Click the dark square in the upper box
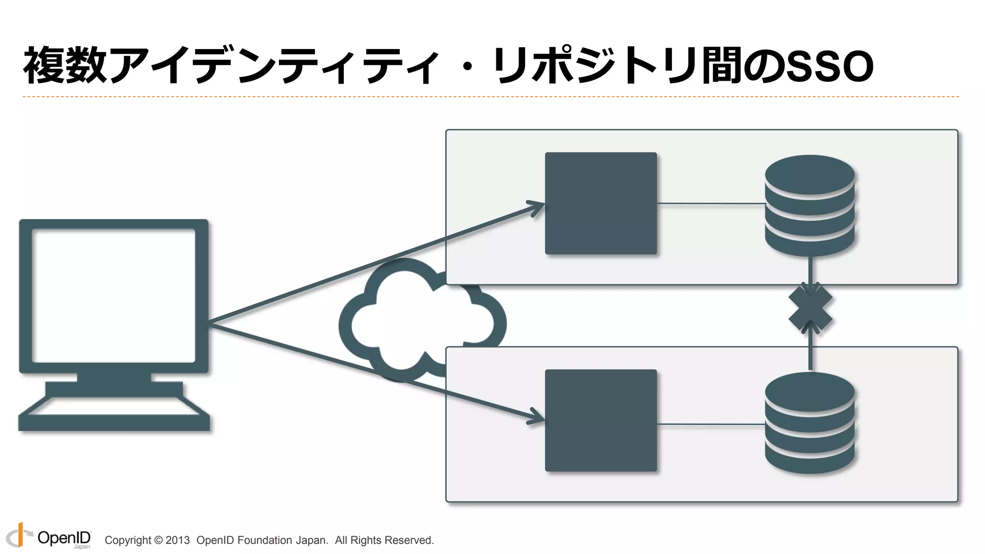[601, 203]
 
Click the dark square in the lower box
[601, 420]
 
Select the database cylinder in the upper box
[810, 205]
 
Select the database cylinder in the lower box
[810, 423]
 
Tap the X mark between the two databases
[810, 308]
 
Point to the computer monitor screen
[114, 295]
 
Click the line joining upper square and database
[711, 203]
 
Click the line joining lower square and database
[711, 424]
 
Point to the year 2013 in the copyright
[177, 540]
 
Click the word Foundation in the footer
[265, 540]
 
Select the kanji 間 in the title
[721, 65]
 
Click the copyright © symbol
[158, 540]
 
